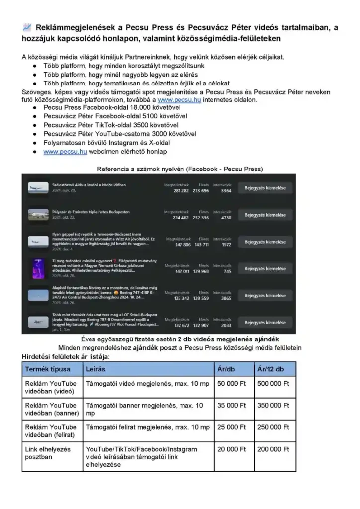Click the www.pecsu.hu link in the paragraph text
[173, 100]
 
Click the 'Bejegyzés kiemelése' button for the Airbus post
[265, 188]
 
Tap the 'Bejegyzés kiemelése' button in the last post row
[265, 323]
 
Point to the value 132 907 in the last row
[201, 325]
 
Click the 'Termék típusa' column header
[48, 369]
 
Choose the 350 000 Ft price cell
[273, 406]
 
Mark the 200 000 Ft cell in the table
[273, 449]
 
